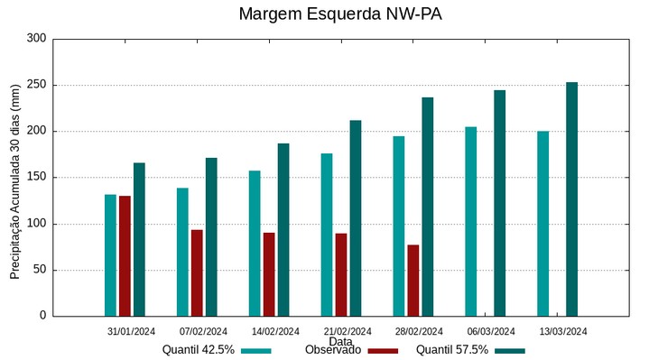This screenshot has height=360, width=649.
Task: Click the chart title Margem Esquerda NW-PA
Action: coord(340,14)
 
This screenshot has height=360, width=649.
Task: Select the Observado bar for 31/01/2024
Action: coord(125,255)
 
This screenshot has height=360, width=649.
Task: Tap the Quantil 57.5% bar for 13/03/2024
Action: coord(571,199)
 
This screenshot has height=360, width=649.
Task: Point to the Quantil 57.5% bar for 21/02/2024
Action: coord(356,217)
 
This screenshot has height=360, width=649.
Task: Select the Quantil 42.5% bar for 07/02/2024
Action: coord(182,252)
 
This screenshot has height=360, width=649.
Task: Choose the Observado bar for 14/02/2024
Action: coord(269,274)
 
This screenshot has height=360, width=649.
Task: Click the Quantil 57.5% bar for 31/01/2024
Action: coord(139,239)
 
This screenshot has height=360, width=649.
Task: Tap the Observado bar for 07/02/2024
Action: coord(197,272)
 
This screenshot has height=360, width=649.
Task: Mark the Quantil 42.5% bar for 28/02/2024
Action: coord(398,226)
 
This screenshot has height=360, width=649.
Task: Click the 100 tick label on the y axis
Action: coord(36,224)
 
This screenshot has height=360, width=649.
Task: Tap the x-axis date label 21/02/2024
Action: coord(348,331)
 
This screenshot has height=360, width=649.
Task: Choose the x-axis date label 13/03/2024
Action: coord(563,331)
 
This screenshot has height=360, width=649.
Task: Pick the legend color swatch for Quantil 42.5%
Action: coord(256,350)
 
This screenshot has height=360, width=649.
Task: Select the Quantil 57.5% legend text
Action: coord(451,350)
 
